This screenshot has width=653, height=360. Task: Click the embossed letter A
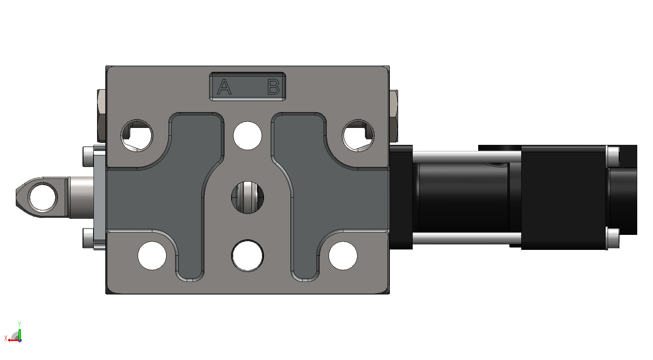(224, 87)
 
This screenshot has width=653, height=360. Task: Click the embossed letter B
(273, 87)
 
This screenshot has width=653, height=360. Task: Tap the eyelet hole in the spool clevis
(43, 197)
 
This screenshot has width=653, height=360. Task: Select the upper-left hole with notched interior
(137, 136)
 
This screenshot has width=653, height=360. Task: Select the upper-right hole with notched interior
(358, 136)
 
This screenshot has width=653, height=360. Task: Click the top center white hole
(247, 136)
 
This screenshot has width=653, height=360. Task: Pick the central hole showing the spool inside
(247, 197)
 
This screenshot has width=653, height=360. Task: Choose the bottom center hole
(247, 255)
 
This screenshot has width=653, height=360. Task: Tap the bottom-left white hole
(152, 256)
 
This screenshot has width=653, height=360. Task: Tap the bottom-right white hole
(343, 256)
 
